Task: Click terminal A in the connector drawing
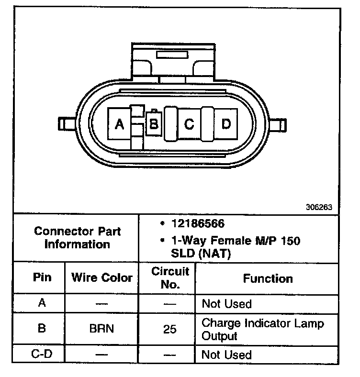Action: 119,124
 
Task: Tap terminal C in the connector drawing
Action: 189,124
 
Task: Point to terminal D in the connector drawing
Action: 226,124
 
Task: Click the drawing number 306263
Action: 318,208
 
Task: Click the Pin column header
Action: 42,277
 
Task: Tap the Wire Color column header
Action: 101,277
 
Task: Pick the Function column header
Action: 268,278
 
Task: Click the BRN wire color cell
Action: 101,329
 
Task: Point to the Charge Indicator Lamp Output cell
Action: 262,329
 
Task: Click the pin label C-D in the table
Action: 42,355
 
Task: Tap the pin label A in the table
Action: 42,303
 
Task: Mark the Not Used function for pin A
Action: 226,303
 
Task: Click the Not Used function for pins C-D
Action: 226,355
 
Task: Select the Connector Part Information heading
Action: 77,237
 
